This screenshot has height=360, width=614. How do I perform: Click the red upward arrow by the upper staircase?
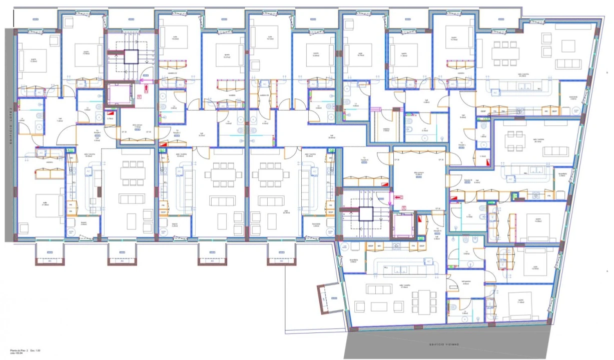(146, 89)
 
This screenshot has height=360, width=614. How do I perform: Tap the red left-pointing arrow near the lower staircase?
(399, 197)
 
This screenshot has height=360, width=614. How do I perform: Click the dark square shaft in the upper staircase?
(131, 56)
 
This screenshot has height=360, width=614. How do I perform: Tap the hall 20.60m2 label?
(331, 136)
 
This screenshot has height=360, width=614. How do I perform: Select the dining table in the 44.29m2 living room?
(505, 53)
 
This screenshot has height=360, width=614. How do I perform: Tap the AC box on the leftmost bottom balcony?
(49, 260)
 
